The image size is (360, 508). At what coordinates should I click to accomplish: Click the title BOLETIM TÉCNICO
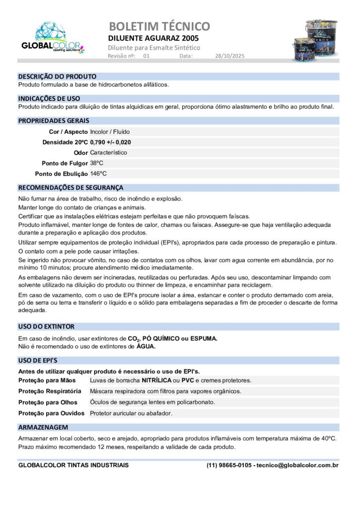pos(159,26)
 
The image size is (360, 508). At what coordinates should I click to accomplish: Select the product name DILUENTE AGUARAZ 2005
pos(153,38)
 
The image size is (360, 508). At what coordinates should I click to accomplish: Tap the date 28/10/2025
pos(230,56)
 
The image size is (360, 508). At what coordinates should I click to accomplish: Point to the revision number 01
pos(146,56)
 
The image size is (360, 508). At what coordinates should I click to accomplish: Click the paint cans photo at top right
pos(314,40)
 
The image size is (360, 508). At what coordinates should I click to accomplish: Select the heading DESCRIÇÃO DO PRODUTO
pos(57,77)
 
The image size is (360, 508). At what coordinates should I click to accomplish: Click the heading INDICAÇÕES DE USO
pos(49,99)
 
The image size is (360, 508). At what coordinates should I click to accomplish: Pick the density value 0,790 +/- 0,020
pos(111,142)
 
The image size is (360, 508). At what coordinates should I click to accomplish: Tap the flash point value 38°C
pos(97,163)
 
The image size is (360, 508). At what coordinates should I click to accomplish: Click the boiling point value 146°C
pos(98,174)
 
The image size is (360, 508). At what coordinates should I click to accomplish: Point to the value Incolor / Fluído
pos(110,132)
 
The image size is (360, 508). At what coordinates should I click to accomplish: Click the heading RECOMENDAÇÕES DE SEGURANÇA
pos(71,188)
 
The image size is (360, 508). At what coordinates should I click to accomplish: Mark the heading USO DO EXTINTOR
pos(46,326)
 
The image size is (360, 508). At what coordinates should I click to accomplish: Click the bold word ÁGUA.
pos(146,346)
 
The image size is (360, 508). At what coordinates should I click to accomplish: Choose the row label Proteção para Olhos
pos(48,402)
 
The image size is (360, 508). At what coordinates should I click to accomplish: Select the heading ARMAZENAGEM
pos(43,427)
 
